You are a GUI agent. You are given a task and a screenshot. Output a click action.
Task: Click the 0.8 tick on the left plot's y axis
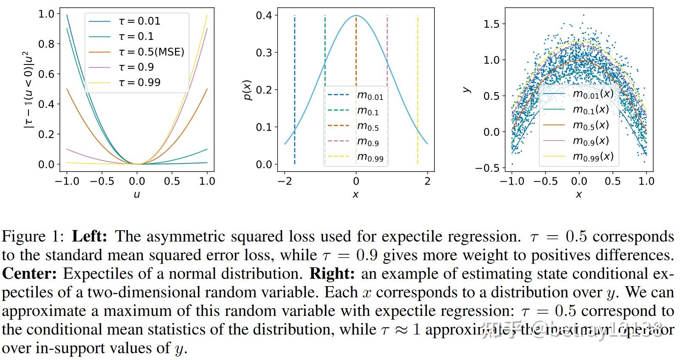[x=46, y=44]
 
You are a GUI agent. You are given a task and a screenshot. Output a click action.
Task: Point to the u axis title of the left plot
[x=137, y=194]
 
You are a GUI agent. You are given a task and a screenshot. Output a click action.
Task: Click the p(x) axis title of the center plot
[x=248, y=90]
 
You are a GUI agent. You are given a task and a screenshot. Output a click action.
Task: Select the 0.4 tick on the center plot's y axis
[x=264, y=16]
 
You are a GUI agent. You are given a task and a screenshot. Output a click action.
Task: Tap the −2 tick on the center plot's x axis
[x=285, y=181]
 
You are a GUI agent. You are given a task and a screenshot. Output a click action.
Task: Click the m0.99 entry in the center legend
[x=370, y=157]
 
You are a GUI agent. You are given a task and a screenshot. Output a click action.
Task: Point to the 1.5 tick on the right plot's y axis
[x=491, y=24]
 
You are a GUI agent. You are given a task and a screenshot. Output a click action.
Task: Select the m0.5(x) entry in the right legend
[x=591, y=125]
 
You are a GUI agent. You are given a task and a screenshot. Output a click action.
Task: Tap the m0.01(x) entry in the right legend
[x=593, y=94]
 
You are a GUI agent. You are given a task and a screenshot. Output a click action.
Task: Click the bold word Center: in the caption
[x=29, y=273]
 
